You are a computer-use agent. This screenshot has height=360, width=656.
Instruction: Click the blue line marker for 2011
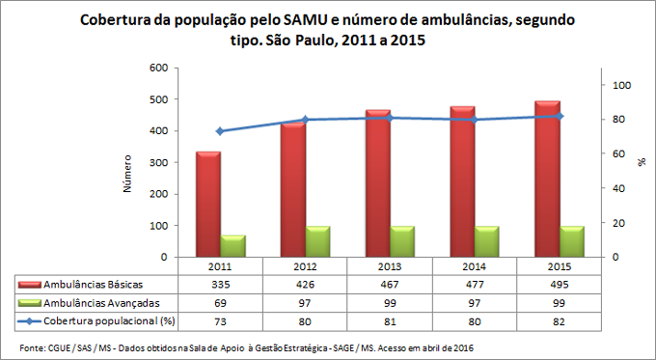click(220, 131)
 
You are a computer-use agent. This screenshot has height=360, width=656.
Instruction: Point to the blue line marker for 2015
click(560, 116)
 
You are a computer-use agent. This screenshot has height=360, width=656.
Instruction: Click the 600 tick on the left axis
click(157, 68)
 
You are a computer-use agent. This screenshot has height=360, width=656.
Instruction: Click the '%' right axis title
click(641, 163)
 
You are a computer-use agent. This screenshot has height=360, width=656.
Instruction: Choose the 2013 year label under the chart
click(391, 266)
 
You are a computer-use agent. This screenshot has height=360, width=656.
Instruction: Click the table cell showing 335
click(220, 285)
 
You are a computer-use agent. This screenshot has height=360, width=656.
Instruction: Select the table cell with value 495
click(560, 285)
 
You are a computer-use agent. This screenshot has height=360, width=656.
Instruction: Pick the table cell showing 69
click(220, 302)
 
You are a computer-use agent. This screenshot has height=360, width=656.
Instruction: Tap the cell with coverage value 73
click(220, 319)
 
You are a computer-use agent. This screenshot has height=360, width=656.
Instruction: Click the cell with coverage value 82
click(560, 319)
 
